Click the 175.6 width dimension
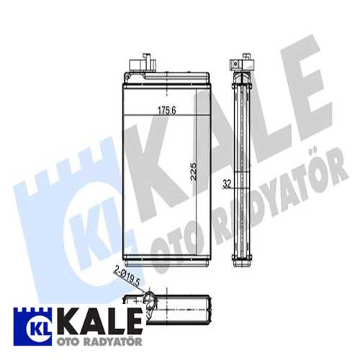tap(167, 110)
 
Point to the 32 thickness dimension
tap(226, 183)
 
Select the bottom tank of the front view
tap(167, 256)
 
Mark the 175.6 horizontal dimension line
tap(167, 115)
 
